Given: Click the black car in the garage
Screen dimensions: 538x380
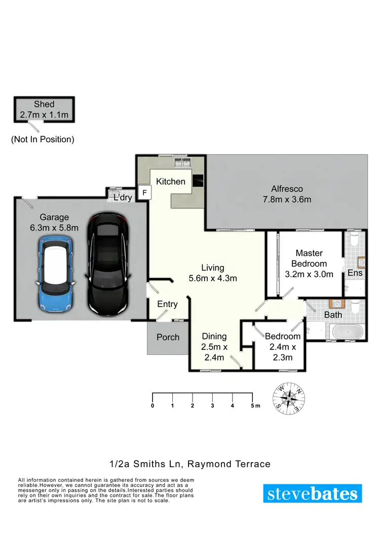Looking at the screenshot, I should coord(107,264).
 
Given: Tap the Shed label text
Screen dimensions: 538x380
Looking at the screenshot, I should coord(44,104).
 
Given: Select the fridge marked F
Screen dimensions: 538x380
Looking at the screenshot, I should coord(144,193).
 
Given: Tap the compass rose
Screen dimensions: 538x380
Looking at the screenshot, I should coord(289,397).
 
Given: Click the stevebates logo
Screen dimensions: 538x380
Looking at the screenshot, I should coord(313,493).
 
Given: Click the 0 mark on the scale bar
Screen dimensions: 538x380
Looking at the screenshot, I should coord(153,405).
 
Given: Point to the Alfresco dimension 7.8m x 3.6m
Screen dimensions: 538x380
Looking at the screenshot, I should coord(287,200).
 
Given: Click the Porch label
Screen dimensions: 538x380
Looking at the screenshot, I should coord(168,337).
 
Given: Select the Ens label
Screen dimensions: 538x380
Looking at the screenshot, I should coord(355,273).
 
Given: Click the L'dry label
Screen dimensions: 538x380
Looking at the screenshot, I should coord(123,198).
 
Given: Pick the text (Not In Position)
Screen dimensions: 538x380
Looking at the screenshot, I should coord(43,139).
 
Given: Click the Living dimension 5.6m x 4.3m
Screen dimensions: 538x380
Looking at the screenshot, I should coord(212,278).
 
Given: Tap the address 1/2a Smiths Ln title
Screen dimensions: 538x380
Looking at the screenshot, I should coord(189,464).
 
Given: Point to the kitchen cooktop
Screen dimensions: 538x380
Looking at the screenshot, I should coord(198,179).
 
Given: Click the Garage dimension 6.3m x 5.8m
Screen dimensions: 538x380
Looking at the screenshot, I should coord(54,228).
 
